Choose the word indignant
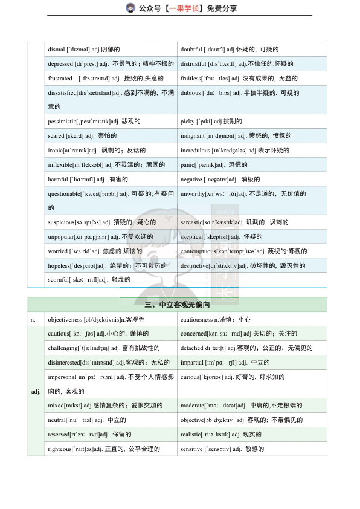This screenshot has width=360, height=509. (x=192, y=136)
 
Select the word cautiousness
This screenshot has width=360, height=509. (x=198, y=319)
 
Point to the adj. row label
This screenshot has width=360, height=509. (x=36, y=391)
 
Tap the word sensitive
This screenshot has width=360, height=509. (x=191, y=449)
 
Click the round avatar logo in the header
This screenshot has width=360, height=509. (x=130, y=8)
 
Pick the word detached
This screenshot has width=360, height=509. (x=193, y=348)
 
